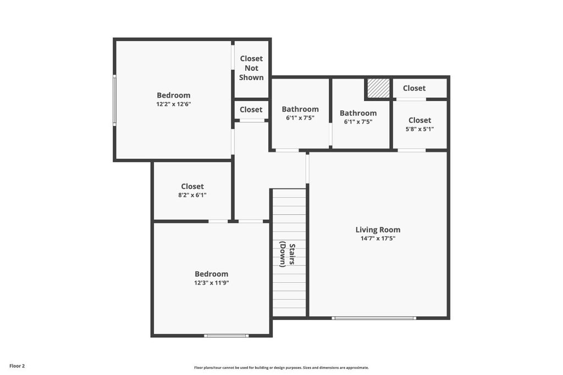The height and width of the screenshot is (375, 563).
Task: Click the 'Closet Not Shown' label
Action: click(251, 68)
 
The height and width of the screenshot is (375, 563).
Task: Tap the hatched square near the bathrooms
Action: click(378, 88)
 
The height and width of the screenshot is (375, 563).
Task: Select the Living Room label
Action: click(378, 230)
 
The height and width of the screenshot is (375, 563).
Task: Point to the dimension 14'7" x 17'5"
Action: click(378, 238)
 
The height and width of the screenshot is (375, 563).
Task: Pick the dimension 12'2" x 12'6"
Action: click(173, 104)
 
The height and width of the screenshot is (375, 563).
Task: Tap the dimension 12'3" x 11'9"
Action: click(212, 283)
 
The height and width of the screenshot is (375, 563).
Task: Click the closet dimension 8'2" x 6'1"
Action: click(192, 195)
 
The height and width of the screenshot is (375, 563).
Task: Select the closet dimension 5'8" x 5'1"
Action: click(420, 129)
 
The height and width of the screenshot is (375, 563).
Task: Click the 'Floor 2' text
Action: click(17, 366)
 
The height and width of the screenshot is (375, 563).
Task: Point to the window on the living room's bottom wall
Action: click(374, 317)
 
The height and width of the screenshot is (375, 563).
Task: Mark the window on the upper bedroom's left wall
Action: click(114, 100)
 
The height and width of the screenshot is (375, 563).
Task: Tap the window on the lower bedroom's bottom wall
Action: click(226, 335)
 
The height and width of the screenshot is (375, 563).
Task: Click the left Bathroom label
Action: click(300, 109)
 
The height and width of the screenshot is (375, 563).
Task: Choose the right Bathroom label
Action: click(358, 113)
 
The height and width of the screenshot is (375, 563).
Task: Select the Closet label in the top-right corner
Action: click(414, 88)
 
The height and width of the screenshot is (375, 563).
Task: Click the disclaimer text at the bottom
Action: click(281, 368)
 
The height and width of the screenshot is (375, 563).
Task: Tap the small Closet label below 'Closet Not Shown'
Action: click(251, 109)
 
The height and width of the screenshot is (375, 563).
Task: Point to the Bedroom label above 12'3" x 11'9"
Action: click(212, 274)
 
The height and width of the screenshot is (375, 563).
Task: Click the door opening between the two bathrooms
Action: click(330, 135)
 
